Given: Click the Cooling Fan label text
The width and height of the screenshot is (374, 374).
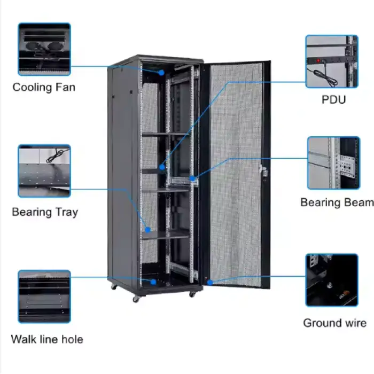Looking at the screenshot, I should [x=44, y=87].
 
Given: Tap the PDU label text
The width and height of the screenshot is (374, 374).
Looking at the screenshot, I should [x=333, y=99].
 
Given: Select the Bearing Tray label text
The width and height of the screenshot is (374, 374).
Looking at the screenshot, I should [x=45, y=212].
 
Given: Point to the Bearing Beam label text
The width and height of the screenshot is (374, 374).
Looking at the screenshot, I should [x=337, y=202].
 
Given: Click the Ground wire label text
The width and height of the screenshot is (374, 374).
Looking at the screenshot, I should [x=334, y=323].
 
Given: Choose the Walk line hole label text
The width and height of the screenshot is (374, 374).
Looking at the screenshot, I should [x=47, y=339].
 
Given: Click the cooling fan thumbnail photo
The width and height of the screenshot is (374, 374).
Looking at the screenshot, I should [x=44, y=49].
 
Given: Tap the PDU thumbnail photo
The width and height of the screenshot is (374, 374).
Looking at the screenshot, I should [x=331, y=61].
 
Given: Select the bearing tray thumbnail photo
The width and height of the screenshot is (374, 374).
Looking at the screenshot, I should [x=44, y=171].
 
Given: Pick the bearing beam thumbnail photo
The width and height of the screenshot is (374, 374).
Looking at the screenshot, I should [x=333, y=163].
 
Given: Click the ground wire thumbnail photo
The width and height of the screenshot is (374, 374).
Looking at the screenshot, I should [x=332, y=280].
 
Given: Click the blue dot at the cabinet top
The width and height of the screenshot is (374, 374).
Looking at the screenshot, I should [x=161, y=72].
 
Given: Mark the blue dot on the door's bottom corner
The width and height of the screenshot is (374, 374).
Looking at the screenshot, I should [x=210, y=282].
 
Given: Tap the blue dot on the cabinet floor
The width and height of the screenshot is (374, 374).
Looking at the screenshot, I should [x=153, y=282].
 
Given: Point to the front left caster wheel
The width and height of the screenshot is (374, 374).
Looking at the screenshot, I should [x=136, y=299].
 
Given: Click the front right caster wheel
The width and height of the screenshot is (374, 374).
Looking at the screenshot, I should [x=191, y=293].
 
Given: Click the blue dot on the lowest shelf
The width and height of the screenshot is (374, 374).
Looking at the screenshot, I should [x=148, y=230].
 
